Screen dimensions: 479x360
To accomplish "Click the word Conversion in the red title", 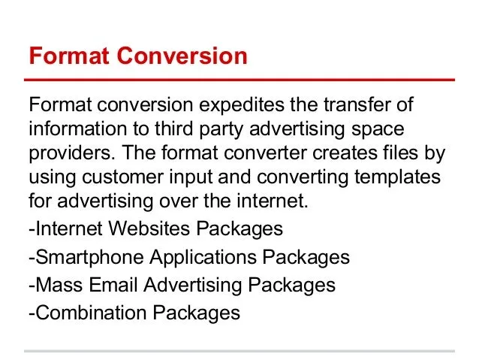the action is coord(182,56).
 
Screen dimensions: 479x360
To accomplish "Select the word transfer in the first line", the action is coord(357,104).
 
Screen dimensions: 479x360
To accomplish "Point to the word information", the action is coord(77,129).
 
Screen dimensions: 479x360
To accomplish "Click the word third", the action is coord(173,129).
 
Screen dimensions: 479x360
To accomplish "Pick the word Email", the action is coord(113,284).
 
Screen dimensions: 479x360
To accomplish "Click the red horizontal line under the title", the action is coord(239,80).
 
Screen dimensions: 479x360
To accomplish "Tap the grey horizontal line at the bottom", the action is coord(239,351).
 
